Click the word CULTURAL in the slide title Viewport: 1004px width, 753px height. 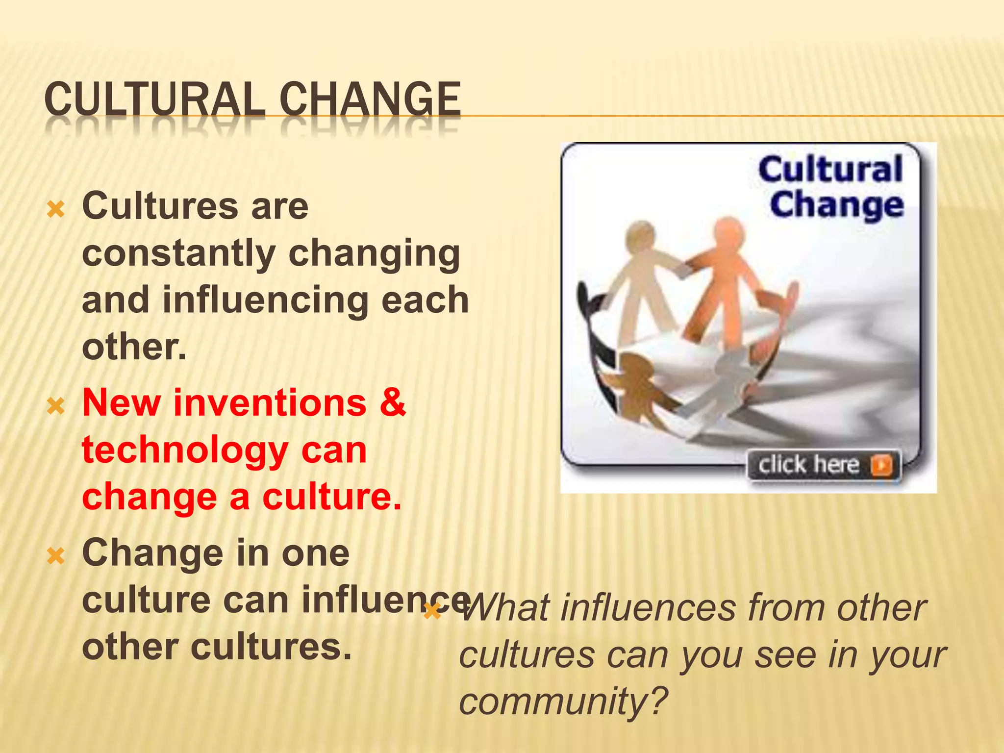click(x=154, y=100)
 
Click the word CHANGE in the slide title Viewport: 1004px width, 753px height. click(x=370, y=100)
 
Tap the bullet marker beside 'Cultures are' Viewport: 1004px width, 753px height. click(x=56, y=210)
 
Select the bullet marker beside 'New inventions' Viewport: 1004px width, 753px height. click(x=56, y=406)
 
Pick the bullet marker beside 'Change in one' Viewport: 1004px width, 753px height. click(x=56, y=556)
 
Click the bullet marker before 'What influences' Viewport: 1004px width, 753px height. click(x=432, y=611)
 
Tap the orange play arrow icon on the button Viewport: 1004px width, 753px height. click(x=881, y=465)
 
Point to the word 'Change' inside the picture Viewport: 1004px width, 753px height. click(x=836, y=205)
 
